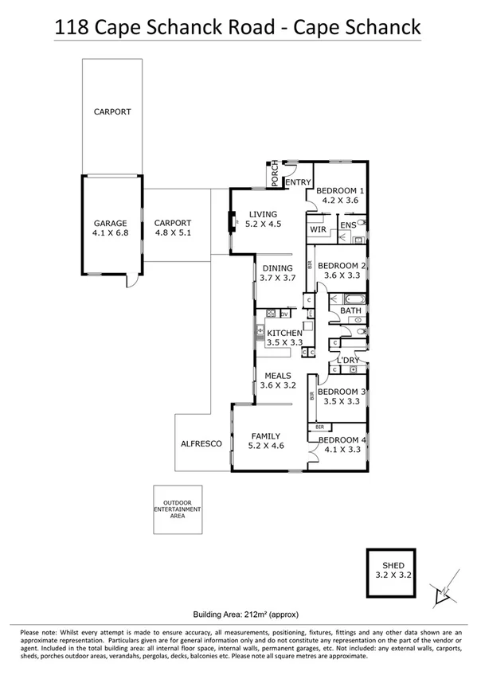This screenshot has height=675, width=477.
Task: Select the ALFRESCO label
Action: pyautogui.click(x=201, y=444)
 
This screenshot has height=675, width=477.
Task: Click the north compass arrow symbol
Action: pyautogui.click(x=440, y=591)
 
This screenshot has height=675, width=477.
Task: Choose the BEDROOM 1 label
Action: pyautogui.click(x=340, y=191)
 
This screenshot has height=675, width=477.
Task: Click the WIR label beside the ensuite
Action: pyautogui.click(x=319, y=229)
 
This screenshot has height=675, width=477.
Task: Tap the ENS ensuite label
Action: pyautogui.click(x=348, y=226)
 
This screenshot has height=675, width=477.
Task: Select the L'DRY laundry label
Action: pyautogui.click(x=349, y=361)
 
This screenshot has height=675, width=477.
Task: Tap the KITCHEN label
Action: pyautogui.click(x=284, y=333)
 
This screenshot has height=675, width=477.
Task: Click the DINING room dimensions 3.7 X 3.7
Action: pyautogui.click(x=278, y=279)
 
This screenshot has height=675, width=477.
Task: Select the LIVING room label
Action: pyautogui.click(x=263, y=214)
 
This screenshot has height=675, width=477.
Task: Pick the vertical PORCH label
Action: pyautogui.click(x=275, y=174)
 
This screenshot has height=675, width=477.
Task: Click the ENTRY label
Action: pyautogui.click(x=298, y=182)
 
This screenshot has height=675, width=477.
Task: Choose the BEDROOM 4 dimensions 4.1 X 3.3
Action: pyautogui.click(x=341, y=450)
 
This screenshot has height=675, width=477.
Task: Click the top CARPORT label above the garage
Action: pyautogui.click(x=111, y=112)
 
